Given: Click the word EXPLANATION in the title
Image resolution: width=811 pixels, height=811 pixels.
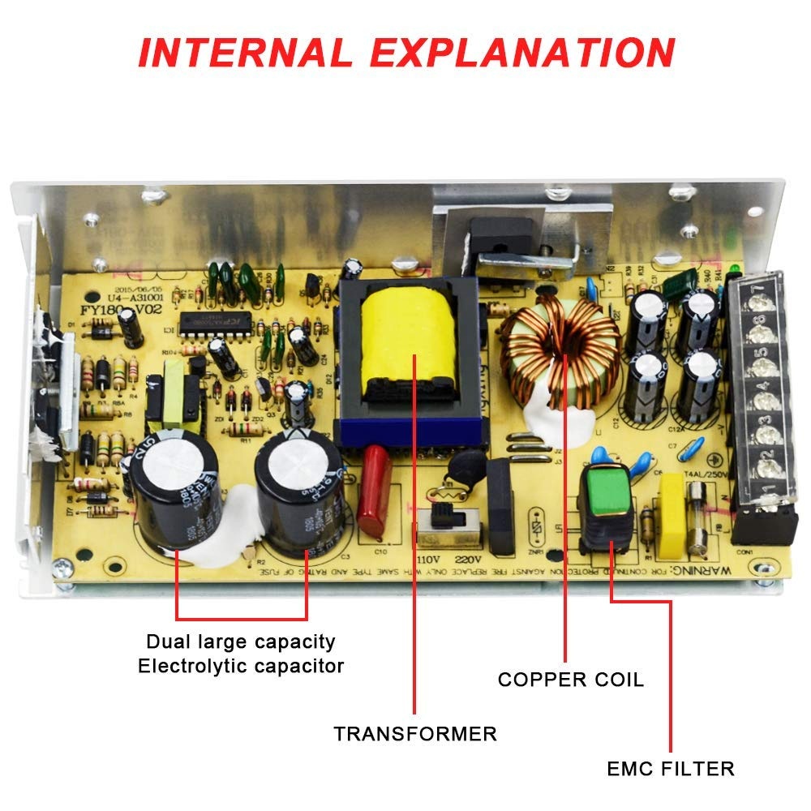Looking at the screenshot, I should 523,52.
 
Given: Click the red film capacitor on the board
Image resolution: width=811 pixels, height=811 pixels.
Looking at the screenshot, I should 375,491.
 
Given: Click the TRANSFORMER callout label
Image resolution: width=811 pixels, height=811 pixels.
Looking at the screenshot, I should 415,734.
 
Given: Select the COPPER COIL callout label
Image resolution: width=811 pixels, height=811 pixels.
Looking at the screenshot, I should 570,680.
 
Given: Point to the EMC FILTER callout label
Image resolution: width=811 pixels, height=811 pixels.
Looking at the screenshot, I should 671,768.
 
